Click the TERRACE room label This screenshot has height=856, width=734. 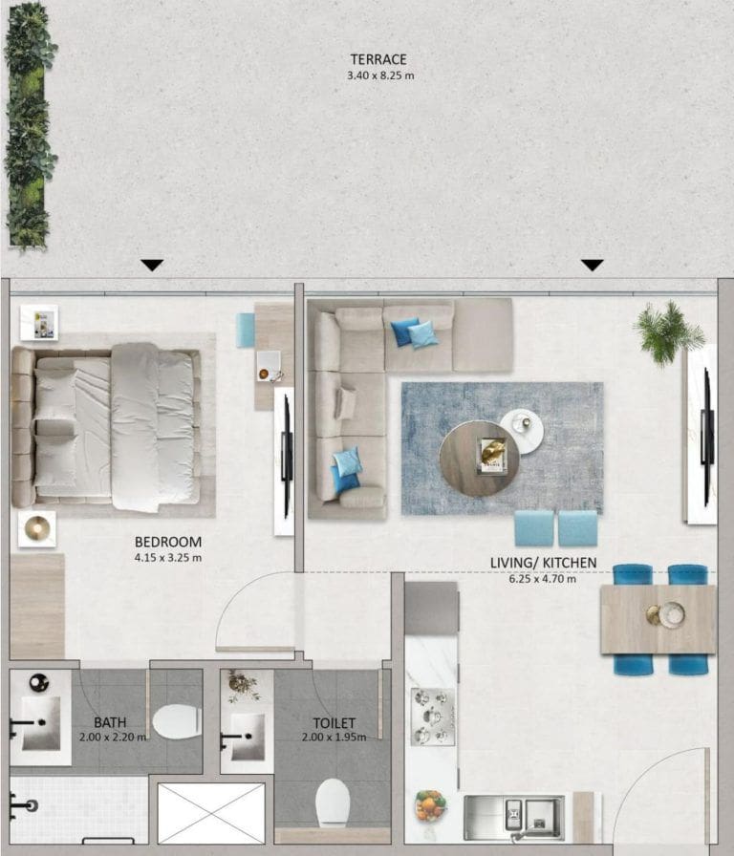pyautogui.click(x=379, y=59)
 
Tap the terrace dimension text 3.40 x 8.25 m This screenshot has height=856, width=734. pyautogui.click(x=381, y=75)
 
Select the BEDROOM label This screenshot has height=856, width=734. pyautogui.click(x=168, y=542)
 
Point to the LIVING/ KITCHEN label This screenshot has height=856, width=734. pyautogui.click(x=544, y=563)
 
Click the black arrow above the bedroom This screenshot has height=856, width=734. pyautogui.click(x=152, y=266)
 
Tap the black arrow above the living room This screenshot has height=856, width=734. pyautogui.click(x=593, y=266)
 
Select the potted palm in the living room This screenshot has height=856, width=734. pyautogui.click(x=669, y=332)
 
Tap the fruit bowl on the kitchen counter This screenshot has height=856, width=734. pyautogui.click(x=430, y=804)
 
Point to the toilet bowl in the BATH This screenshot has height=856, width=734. pyautogui.click(x=176, y=722)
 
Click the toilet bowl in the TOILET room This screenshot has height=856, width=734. pyautogui.click(x=333, y=801)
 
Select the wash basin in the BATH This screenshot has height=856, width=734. pyautogui.click(x=41, y=723)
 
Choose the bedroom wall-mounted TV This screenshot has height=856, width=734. pyautogui.click(x=285, y=459)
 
